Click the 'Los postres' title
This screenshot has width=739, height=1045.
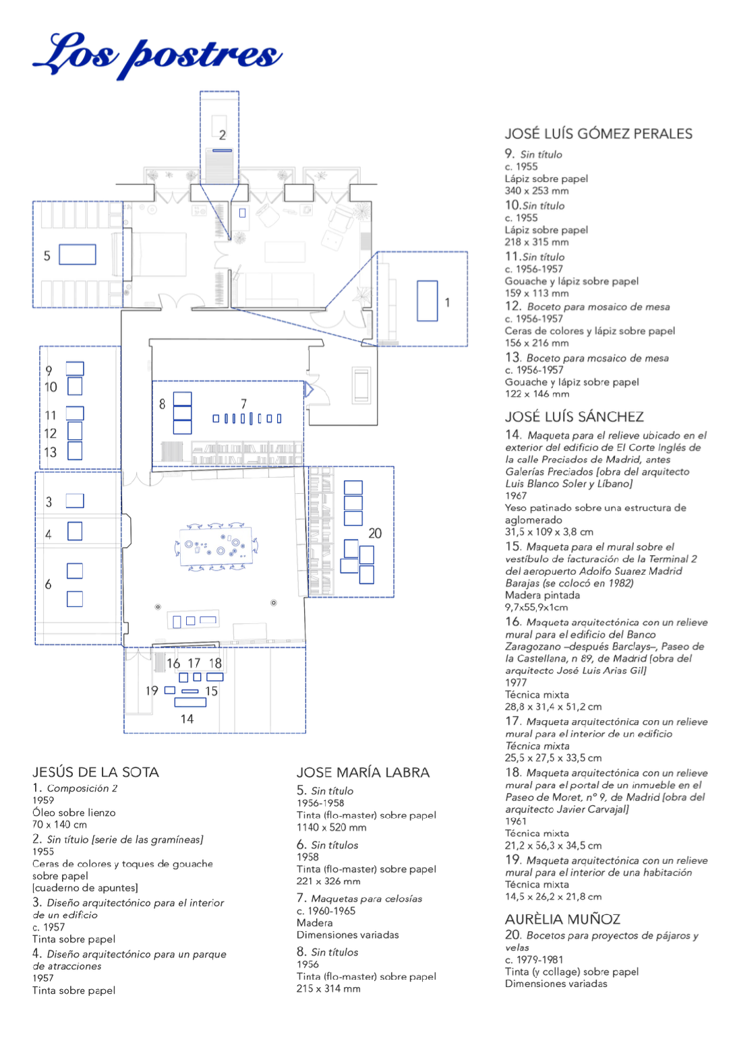[x=157, y=55]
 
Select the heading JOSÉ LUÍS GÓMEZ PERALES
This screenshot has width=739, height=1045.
[x=598, y=134]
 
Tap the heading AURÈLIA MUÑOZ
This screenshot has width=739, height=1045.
[x=562, y=919]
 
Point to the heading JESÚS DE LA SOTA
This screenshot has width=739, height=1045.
[x=96, y=772]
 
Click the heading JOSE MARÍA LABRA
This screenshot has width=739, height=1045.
[x=363, y=773]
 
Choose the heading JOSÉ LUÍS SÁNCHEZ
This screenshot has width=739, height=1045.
[x=574, y=416]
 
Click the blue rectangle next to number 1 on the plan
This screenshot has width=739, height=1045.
[x=427, y=301]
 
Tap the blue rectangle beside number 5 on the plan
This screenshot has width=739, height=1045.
[x=78, y=255]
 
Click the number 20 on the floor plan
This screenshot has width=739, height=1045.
[x=375, y=533]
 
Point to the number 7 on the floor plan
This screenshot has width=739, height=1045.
[x=243, y=404]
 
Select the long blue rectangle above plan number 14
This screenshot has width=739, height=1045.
[x=190, y=702]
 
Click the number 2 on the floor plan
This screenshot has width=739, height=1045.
[x=223, y=135]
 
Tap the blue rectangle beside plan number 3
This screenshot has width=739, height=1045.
[x=75, y=501]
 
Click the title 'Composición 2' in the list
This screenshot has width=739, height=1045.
[x=82, y=788]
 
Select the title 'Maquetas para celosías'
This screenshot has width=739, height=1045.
[x=366, y=899]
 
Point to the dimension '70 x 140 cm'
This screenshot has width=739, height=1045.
[x=59, y=824]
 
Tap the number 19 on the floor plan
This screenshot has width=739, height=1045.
[x=152, y=691]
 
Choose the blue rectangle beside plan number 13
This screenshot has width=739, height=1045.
[x=75, y=451]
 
